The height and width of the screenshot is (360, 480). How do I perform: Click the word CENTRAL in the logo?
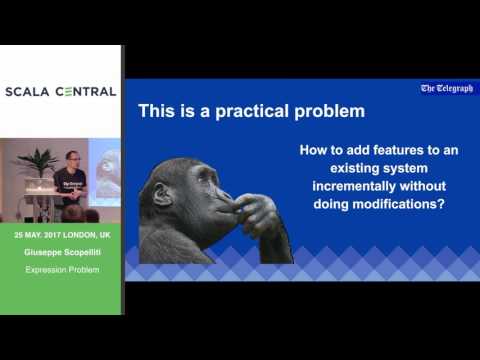(85, 92)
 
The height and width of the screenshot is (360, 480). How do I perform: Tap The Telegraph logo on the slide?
(446, 88)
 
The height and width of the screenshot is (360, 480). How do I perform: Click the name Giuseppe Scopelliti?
(61, 252)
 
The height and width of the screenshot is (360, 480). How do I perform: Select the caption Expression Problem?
(61, 270)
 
